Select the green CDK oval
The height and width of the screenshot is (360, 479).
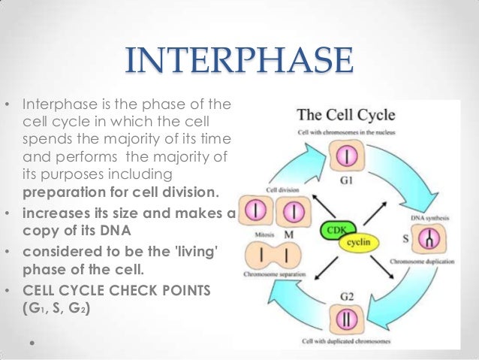pos(337,229)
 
